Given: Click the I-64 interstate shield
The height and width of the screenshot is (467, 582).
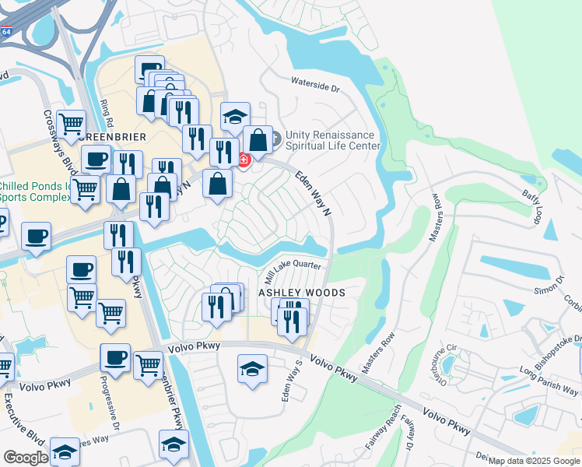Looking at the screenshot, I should [6, 33].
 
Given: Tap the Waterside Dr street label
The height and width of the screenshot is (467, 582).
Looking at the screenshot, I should [315, 84].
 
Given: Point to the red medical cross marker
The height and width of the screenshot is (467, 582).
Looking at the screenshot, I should [244, 160].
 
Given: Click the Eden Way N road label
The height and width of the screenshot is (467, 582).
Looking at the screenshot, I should [313, 194].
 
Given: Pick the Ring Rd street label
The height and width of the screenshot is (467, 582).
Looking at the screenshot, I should [107, 115].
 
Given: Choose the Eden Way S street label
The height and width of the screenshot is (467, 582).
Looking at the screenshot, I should [290, 381].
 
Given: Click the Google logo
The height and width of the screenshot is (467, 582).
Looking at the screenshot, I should [26, 458].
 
